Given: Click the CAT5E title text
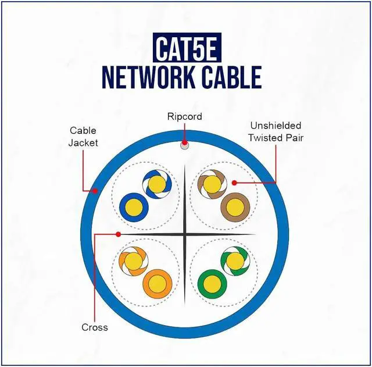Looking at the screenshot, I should pos(186,49).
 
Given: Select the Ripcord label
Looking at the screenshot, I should pos(184,116).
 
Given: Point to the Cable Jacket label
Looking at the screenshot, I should pos(83,136).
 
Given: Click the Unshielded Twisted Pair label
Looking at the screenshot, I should pos(276,131).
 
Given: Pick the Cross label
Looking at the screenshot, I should pos(95,327).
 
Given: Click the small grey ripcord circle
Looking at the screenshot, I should pos(184,145).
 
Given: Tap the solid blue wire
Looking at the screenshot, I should pos(131,206).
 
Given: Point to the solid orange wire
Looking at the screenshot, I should pos(156,283).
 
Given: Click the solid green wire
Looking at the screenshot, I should pos(211,283).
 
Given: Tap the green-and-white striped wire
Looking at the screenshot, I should pos(235,260).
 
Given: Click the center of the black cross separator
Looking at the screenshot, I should pos(184,234).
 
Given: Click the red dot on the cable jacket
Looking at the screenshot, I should pos(94,190).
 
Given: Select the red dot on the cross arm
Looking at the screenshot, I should pos(118,234).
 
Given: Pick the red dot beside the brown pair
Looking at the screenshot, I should pos(234,182).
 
